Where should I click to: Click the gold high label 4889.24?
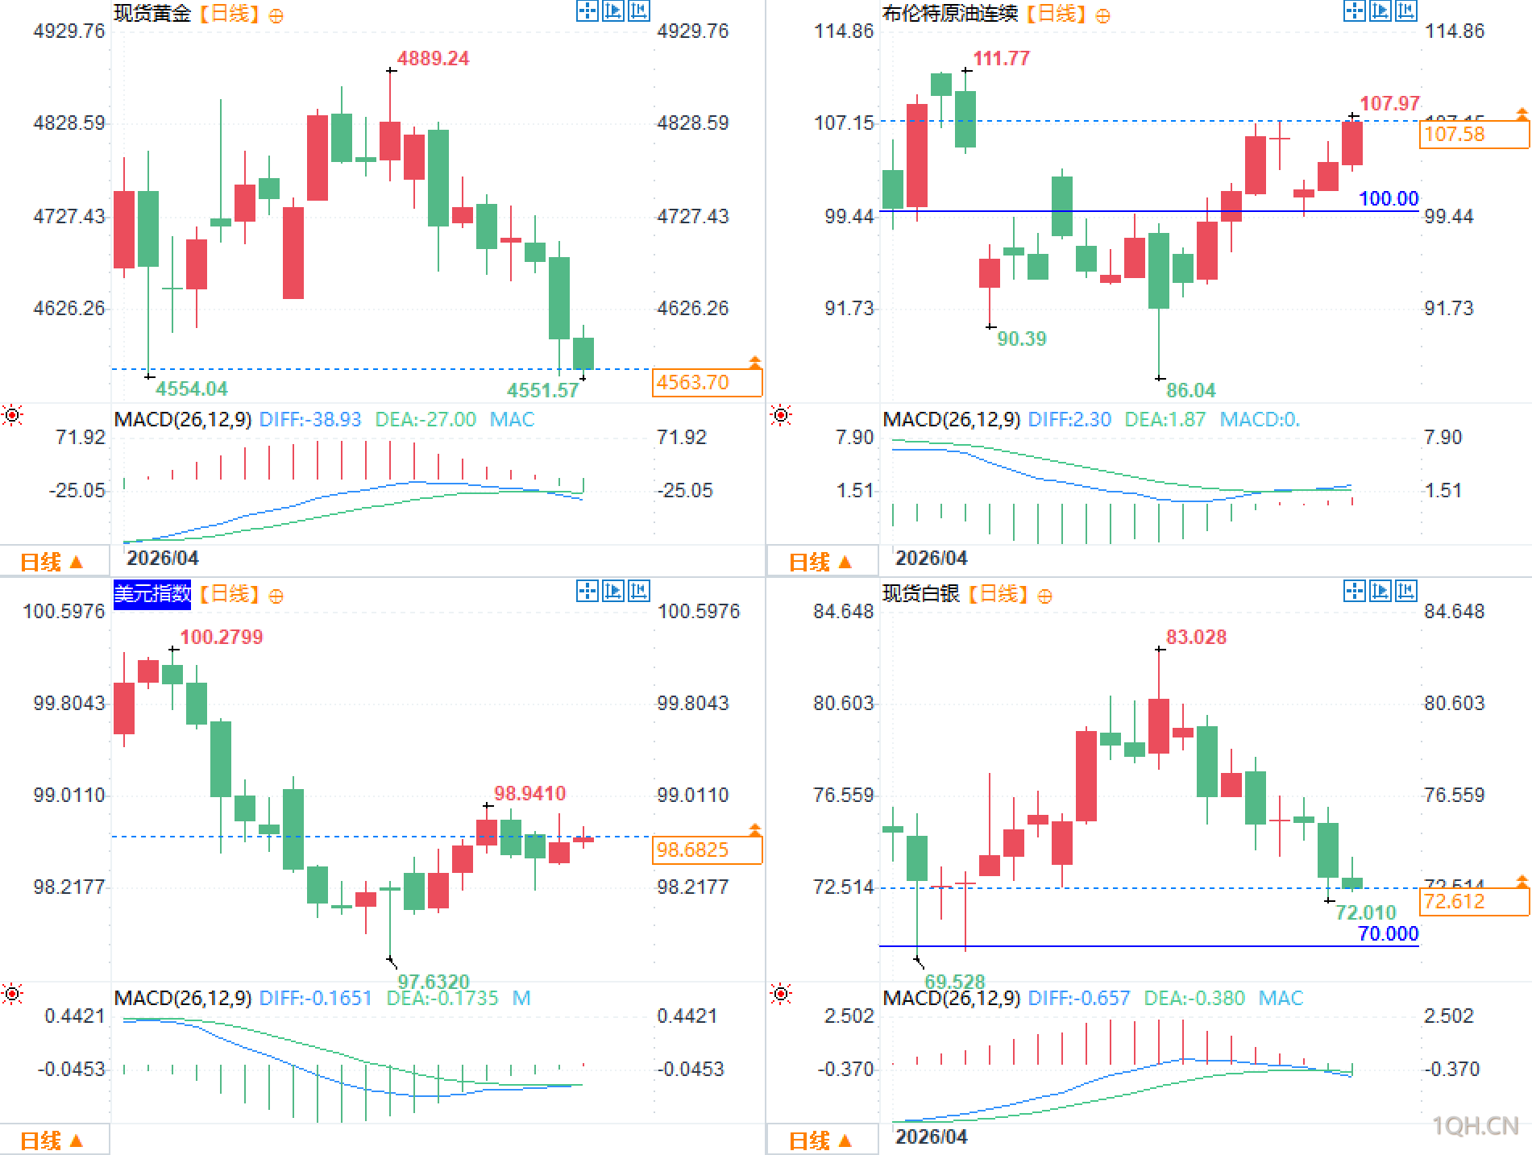coord(433,58)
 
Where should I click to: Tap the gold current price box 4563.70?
coord(706,382)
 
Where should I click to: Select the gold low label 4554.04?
coord(191,388)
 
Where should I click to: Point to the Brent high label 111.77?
coord(1001,58)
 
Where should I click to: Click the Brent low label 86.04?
coord(1190,390)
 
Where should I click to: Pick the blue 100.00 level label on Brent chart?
coord(1388,198)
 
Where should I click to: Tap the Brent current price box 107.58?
coord(1473,134)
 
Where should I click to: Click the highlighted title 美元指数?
coord(152,594)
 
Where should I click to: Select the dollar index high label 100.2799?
coord(221,637)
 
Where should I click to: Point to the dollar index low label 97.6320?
coord(433,981)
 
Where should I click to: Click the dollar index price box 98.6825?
coord(706,850)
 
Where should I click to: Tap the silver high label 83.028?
coord(1196,637)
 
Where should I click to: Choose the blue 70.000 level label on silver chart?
coord(1388,933)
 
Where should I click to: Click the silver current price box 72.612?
coord(1473,901)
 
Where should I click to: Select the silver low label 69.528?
coord(954,981)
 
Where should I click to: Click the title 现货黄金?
coord(152,14)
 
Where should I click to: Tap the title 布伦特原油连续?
coord(950,14)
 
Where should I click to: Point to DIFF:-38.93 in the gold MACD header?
coord(310,419)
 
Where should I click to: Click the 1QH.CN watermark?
coord(1475,1125)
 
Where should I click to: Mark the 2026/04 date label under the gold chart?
coord(162,558)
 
